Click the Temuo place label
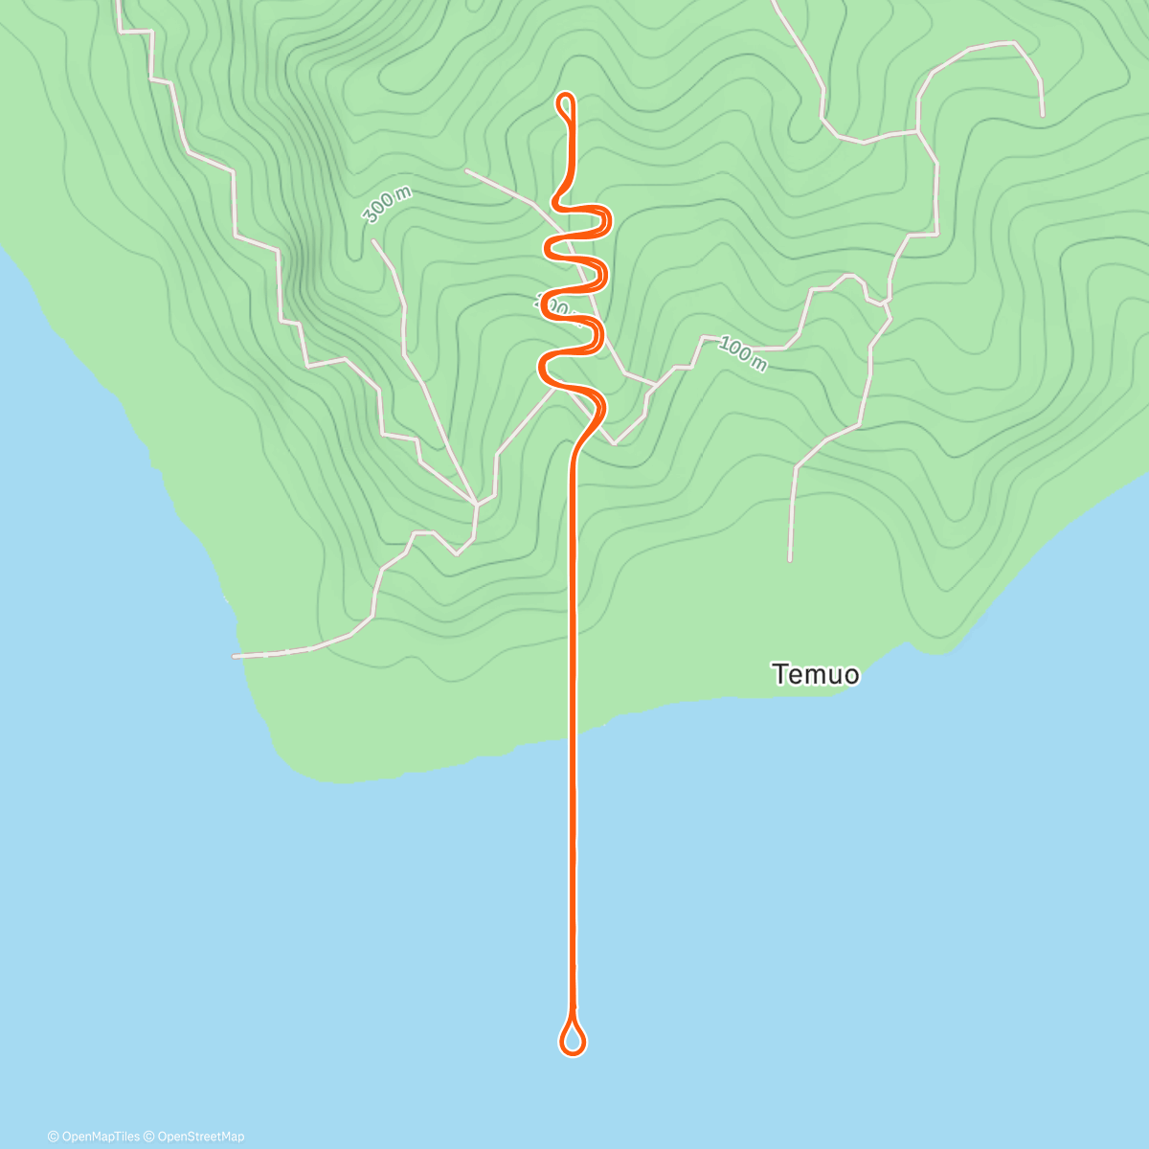816,674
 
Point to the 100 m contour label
743,354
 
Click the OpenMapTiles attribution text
94,1137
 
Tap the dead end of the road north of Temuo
790,559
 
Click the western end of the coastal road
235,657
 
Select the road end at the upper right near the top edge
1042,115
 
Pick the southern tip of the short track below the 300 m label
476,502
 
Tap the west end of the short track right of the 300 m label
466,170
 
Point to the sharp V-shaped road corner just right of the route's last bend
614,443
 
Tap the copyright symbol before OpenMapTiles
53,1137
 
